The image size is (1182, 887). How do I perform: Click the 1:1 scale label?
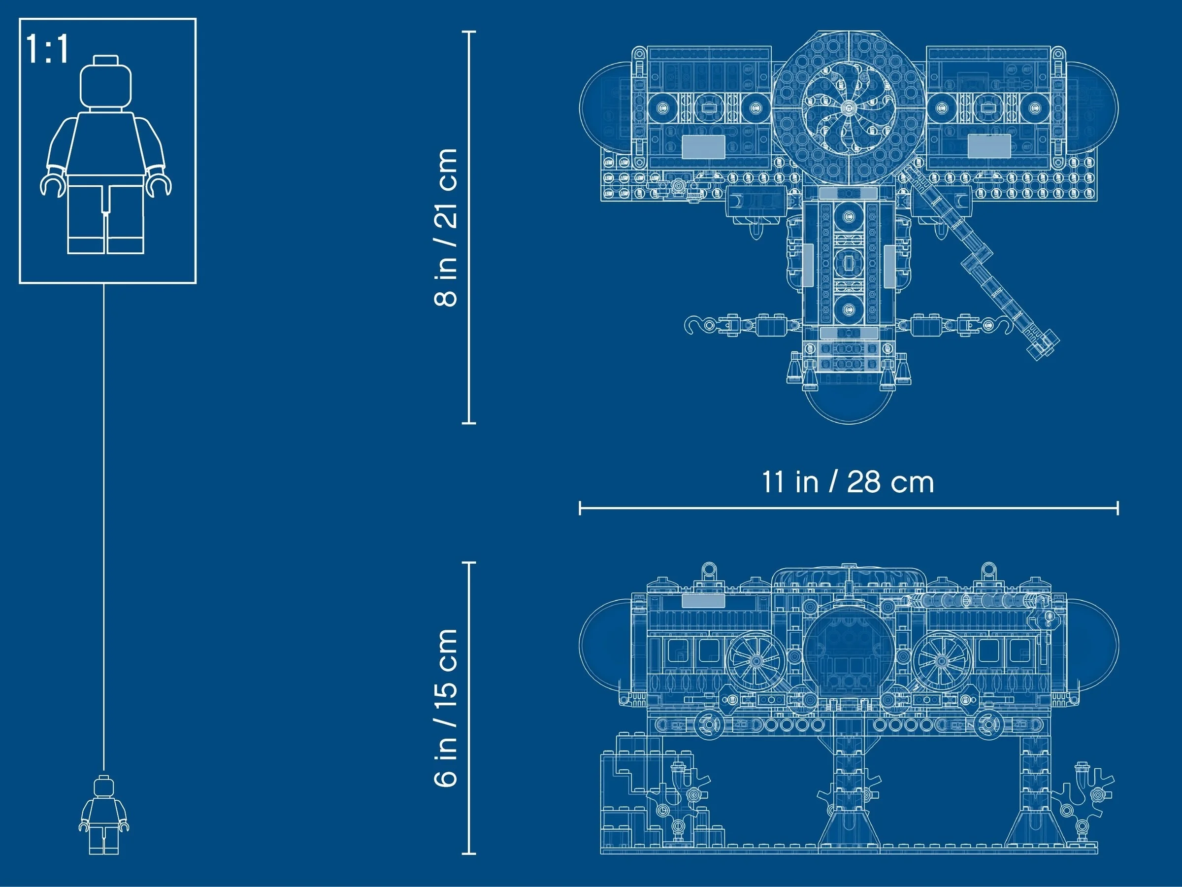[47, 49]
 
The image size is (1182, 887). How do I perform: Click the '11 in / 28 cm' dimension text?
[848, 482]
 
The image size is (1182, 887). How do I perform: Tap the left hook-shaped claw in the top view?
[693, 325]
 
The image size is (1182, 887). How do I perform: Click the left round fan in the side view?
[755, 661]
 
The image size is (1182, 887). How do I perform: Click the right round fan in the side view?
[941, 661]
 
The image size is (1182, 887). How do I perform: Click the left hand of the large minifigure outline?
[52, 184]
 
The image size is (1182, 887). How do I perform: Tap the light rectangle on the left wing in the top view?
[703, 146]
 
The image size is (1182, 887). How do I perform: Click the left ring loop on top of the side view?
[709, 569]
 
